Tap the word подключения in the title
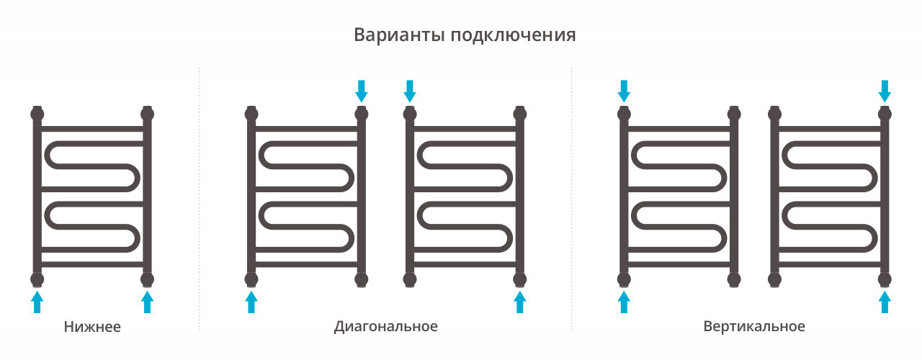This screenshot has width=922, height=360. pos(513,36)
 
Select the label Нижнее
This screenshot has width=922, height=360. pos(92,327)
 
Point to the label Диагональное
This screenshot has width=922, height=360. pos(386,326)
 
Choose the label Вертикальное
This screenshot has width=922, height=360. pos(754,326)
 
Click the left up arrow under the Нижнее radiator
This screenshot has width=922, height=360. pos(37,302)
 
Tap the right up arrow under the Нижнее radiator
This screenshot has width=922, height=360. pos(148,302)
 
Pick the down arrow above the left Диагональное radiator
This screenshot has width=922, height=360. pos(362,91)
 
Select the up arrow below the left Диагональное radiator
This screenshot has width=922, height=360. pos(251,302)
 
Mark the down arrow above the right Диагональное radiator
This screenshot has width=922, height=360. pos(410,91)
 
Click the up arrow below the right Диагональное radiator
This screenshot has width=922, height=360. pos(520,302)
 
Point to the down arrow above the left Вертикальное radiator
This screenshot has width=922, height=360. pos(625,91)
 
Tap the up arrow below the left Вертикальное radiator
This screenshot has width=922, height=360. pos(625,302)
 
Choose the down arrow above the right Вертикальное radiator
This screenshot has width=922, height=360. pos(885,91)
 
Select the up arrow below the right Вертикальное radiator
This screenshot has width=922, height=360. pos(885,302)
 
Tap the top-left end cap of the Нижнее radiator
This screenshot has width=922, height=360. pos(37,113)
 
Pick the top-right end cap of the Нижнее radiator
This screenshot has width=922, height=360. pos(148,113)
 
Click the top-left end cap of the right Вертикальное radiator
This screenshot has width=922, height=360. pos(774,113)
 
